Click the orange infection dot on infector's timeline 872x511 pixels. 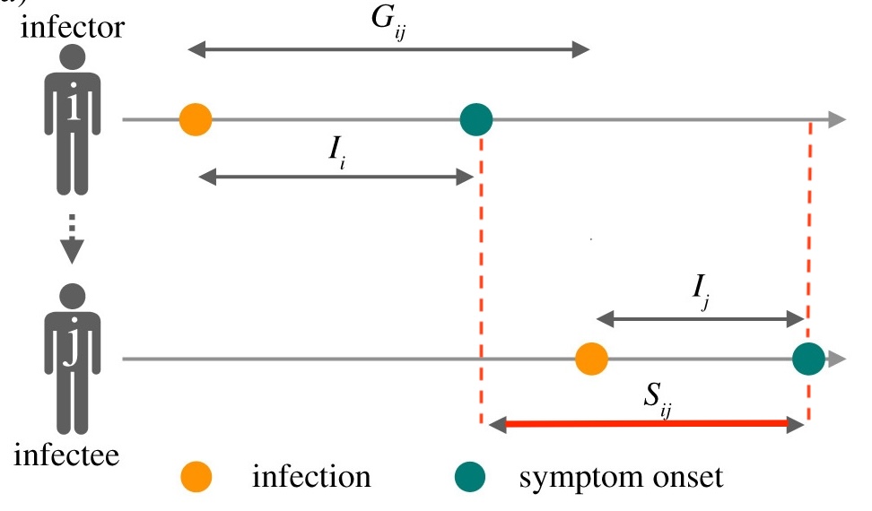click(195, 119)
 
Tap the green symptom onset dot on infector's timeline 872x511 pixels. click(476, 119)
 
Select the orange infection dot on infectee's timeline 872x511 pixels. click(591, 359)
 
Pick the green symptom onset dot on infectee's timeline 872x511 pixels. click(808, 359)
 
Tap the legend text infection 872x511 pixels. click(311, 477)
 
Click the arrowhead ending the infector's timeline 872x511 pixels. click(835, 119)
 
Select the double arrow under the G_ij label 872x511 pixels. click(388, 50)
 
